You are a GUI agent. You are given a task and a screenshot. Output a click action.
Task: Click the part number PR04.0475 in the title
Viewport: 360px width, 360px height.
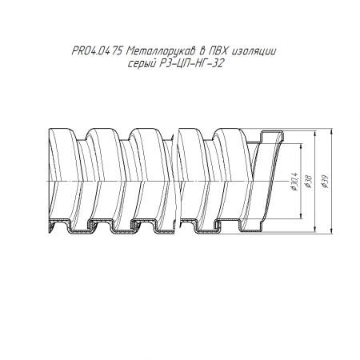[x=97, y=51]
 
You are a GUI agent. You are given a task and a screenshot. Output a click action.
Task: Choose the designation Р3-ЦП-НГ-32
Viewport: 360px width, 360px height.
[x=191, y=63]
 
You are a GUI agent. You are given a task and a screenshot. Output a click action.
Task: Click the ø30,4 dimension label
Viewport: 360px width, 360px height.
[x=295, y=182]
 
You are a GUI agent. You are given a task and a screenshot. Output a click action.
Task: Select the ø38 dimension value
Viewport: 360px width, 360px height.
[x=310, y=182]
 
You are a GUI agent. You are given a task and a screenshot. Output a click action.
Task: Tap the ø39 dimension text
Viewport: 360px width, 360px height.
[x=325, y=182]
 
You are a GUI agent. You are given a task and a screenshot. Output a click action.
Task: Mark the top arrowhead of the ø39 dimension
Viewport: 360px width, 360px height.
[x=331, y=131]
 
